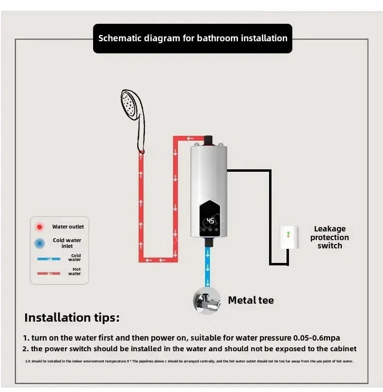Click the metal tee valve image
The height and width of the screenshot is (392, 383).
coord(207,301)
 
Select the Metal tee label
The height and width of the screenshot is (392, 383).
coord(251,300)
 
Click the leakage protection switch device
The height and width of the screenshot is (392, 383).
coord(288,238)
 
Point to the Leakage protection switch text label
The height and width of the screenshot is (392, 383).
coord(329,237)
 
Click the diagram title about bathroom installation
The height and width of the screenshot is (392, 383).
coord(192,38)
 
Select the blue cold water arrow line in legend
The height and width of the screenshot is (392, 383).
coord(48,259)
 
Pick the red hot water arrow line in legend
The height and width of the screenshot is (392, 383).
coord(48,273)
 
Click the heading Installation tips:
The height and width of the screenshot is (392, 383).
coord(72,318)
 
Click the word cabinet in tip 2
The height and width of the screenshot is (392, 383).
coord(341,349)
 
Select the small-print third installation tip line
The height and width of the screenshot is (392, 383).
coord(189,361)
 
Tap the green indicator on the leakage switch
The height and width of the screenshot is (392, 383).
coord(288,233)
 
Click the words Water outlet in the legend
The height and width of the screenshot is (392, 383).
coord(68,227)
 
